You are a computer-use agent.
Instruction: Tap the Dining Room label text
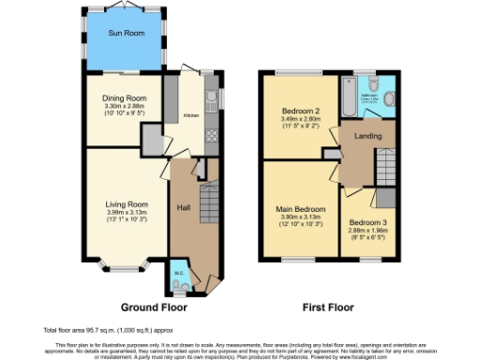coord(125,97)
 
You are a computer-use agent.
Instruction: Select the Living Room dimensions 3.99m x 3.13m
coord(125,211)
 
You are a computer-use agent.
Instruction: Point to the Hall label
coord(184,207)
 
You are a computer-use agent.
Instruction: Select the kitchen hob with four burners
coord(211,134)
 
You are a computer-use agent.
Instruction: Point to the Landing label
coord(367,136)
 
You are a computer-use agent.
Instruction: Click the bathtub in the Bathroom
coord(346,97)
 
